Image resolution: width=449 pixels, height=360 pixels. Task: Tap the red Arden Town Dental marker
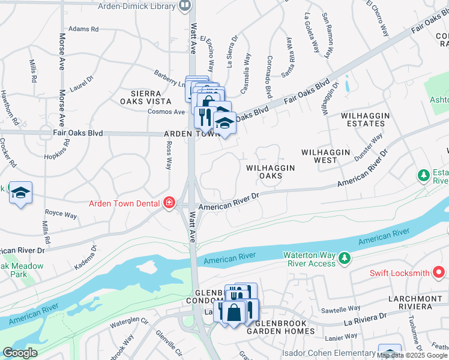(169, 203)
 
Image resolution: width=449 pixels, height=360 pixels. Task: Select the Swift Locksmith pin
(439, 273)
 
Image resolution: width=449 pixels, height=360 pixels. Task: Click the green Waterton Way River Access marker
(345, 258)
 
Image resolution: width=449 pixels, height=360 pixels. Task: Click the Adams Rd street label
(83, 29)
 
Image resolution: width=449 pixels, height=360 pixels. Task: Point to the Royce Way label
(61, 214)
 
